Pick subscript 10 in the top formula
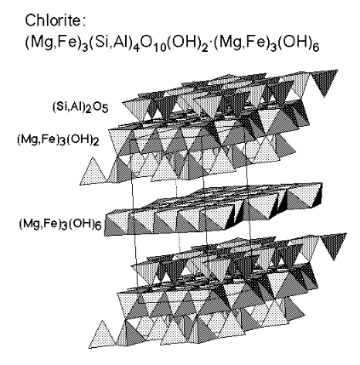point(157,48)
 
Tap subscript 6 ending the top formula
point(316,48)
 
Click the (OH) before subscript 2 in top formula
point(181,43)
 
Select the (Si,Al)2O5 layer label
point(80,107)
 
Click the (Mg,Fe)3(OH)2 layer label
point(58,140)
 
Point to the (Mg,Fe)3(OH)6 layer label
point(60,224)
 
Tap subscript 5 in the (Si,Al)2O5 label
point(106,110)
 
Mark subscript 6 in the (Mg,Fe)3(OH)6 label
point(98,226)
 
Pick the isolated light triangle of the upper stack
point(94,173)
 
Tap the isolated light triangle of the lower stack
point(103,334)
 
